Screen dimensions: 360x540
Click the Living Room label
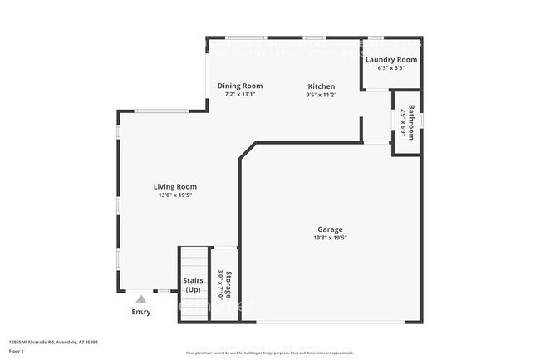174,186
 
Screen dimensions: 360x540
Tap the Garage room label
330,229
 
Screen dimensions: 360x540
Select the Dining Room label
240,86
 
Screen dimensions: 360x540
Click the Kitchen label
322,86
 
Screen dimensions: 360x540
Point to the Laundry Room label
391,60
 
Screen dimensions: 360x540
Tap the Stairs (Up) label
193,285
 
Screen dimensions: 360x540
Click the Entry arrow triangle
141,298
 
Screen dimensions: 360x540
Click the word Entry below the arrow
141,312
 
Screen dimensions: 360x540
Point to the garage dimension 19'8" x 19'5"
330,238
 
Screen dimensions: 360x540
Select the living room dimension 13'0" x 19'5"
174,195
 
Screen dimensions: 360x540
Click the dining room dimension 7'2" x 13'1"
240,94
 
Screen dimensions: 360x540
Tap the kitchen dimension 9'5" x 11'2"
322,95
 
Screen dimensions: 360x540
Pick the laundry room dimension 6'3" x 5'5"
391,68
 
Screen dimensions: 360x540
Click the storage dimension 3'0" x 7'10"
220,284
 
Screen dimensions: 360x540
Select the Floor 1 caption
17,351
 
